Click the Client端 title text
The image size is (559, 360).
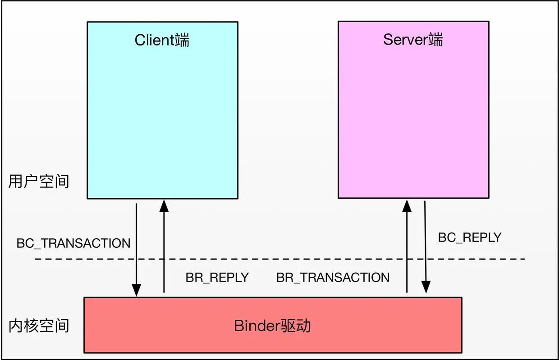[162, 40]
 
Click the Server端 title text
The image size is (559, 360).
[413, 39]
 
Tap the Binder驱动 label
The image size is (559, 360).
[272, 326]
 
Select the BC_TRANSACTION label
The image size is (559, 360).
[73, 243]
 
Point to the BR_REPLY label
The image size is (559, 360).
[217, 278]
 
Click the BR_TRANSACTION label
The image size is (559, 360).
[333, 278]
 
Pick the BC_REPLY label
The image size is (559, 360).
[470, 237]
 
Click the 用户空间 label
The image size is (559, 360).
[39, 181]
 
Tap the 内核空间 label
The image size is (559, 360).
[39, 326]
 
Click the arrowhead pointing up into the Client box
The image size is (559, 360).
[164, 206]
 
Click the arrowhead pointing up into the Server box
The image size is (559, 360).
[407, 206]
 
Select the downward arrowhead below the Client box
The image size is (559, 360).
[137, 290]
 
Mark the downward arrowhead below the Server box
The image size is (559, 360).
[426, 287]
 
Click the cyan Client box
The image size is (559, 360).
[162, 110]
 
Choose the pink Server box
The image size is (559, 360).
[413, 110]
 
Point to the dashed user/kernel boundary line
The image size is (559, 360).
[279, 259]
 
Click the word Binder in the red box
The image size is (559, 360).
[257, 326]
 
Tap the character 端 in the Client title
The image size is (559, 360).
[182, 40]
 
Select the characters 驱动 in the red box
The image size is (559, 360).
[296, 326]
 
